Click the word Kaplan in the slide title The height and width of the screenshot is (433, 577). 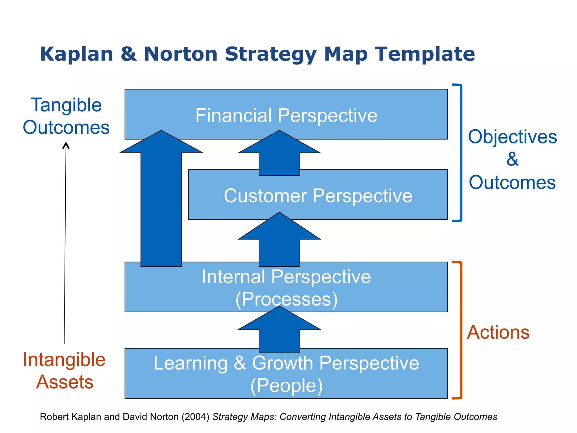click(77, 54)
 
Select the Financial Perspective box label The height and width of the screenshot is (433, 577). click(286, 115)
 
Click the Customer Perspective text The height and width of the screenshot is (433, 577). click(318, 196)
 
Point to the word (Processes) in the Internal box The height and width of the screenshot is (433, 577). click(286, 299)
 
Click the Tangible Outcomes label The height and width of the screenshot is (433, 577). click(66, 116)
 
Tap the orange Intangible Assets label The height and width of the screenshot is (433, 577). click(64, 371)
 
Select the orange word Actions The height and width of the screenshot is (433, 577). click(498, 332)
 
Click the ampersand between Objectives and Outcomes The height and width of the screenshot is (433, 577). click(512, 159)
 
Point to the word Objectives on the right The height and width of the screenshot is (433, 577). click(512, 137)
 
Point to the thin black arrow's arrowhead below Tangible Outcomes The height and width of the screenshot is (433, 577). click(66, 145)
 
